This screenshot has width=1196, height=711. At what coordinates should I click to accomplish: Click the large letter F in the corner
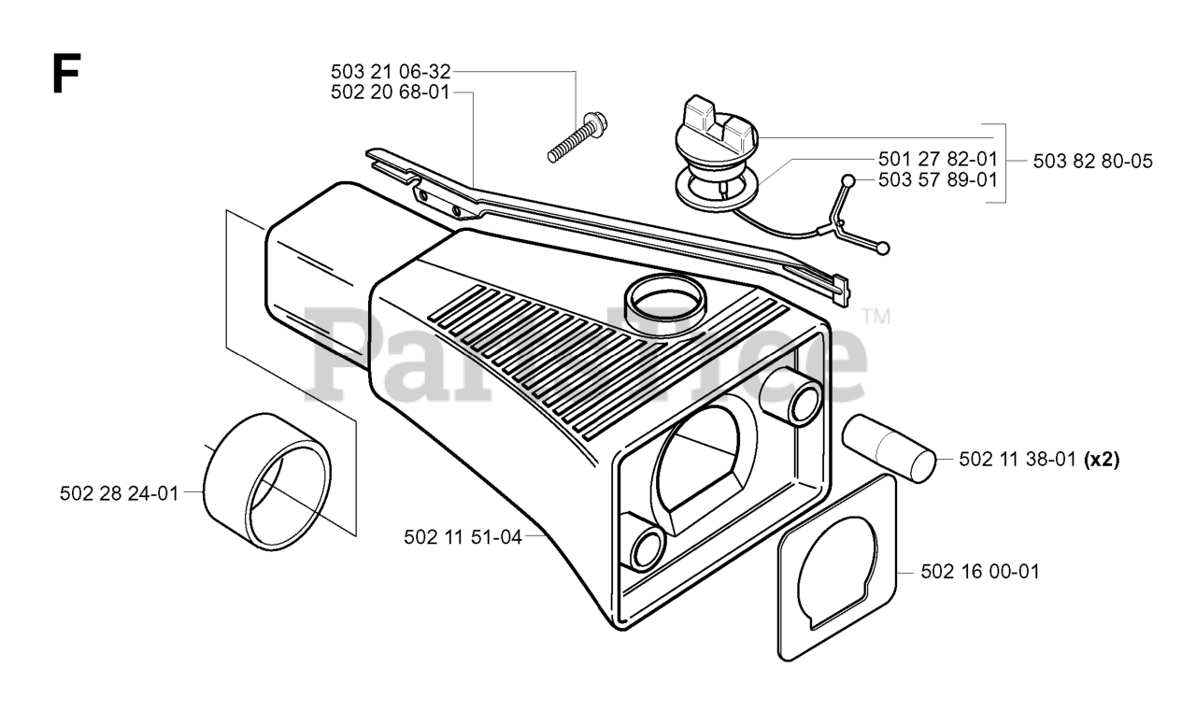pos(64,74)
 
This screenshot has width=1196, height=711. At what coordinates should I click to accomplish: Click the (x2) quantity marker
pos(1103,459)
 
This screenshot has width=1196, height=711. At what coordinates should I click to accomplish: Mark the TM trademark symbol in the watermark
pos(876,317)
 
